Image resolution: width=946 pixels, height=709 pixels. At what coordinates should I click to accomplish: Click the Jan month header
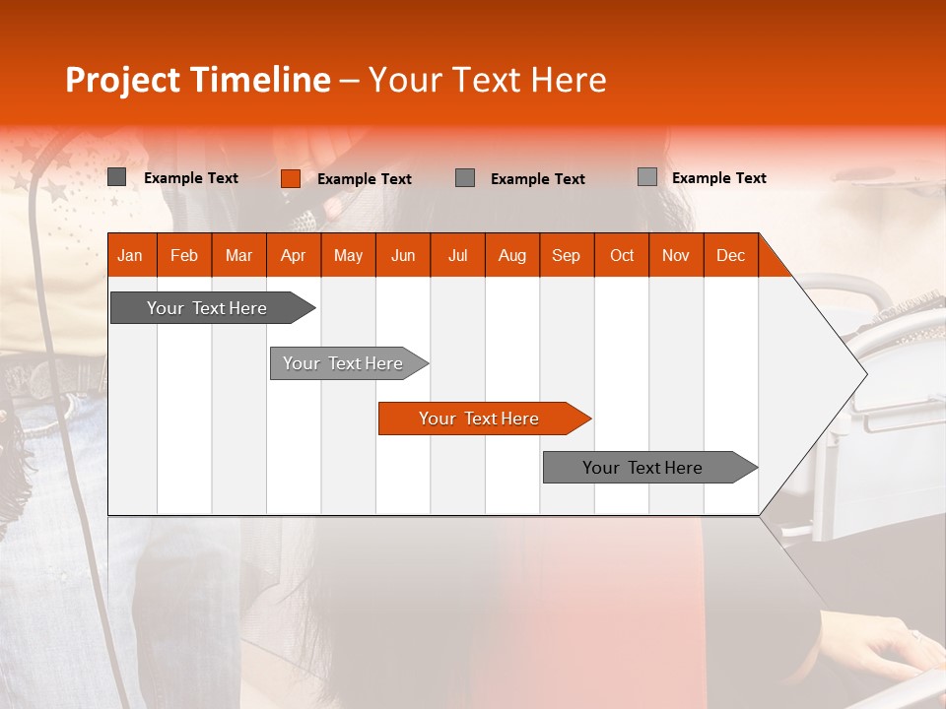(x=131, y=255)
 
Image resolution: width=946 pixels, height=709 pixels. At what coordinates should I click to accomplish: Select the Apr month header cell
(x=294, y=255)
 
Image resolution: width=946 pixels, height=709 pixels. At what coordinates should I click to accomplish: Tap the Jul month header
(x=457, y=255)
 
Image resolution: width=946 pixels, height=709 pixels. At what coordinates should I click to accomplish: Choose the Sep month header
(x=567, y=255)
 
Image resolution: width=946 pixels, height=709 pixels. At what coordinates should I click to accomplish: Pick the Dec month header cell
(x=730, y=255)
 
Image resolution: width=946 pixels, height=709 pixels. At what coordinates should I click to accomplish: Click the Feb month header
(x=184, y=255)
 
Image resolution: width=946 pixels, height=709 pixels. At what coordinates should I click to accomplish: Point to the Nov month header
(x=676, y=255)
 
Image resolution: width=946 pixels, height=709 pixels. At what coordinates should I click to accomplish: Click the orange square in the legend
(x=290, y=178)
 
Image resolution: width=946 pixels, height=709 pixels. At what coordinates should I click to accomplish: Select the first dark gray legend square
(x=117, y=177)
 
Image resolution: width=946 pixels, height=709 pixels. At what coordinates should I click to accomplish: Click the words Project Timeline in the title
(x=197, y=80)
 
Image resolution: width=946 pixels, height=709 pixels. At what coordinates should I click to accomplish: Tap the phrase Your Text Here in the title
(x=487, y=80)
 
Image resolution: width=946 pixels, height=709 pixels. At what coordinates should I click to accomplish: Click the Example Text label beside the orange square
(x=365, y=179)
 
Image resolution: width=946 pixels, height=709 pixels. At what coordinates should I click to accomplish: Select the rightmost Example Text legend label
(x=719, y=178)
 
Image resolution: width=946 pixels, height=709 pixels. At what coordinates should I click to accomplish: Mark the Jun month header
(x=403, y=255)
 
